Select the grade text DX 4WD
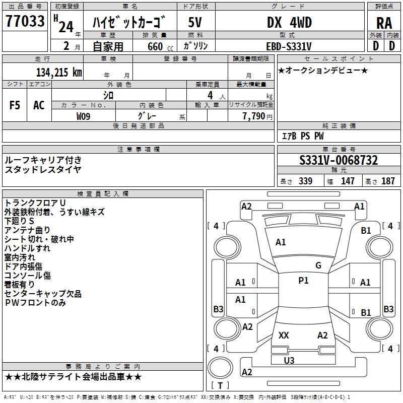pos(289,23)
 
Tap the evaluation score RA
pos(384,23)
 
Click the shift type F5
pos(15,105)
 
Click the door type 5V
pos(195,23)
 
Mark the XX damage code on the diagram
pos(284,335)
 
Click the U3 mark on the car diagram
pos(289,361)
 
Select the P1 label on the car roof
pos(303,281)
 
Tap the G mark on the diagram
pos(318,265)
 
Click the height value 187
pos(388,181)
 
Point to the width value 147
pos(348,181)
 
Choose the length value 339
pos(305,181)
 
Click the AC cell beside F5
pos(39,105)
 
